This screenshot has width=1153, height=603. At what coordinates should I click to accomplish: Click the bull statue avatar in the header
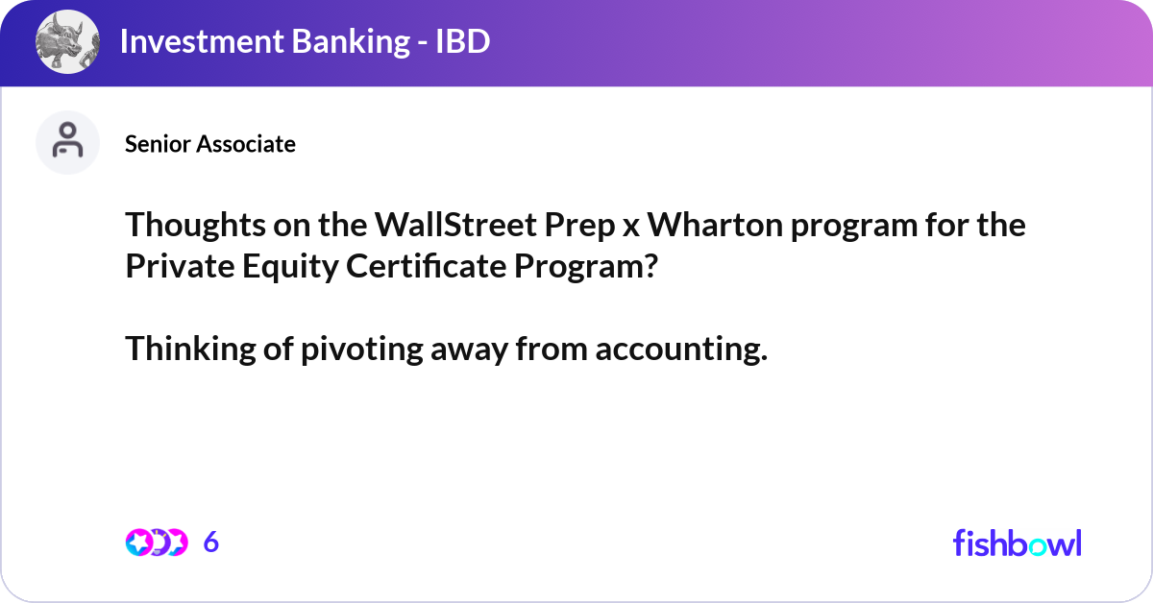67,41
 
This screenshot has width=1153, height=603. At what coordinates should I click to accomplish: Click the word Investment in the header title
202,41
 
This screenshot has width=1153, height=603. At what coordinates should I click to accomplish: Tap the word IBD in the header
463,41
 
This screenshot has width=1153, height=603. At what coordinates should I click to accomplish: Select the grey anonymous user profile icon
67,142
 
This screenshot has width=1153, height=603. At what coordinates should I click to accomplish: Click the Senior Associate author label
210,144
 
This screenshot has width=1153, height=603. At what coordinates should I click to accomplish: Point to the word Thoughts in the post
195,226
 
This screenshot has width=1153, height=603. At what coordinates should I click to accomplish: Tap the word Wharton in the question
715,226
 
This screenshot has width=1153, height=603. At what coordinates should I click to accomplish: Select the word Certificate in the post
427,266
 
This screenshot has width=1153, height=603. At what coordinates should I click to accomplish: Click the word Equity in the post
290,268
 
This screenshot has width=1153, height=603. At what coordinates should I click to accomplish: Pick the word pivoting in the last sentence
362,350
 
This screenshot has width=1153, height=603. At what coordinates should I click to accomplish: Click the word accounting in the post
681,350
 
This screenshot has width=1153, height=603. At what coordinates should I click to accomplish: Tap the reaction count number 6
211,543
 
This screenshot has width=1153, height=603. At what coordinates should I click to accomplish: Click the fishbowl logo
1018,543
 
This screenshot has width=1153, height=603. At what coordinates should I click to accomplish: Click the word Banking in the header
351,41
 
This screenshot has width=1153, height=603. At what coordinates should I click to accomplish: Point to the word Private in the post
181,266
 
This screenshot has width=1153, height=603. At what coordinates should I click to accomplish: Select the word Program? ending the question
586,268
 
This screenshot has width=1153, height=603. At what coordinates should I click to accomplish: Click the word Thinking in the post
190,350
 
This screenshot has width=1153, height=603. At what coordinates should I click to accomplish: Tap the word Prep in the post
579,227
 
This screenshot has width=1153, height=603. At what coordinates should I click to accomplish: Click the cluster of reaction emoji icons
157,543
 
